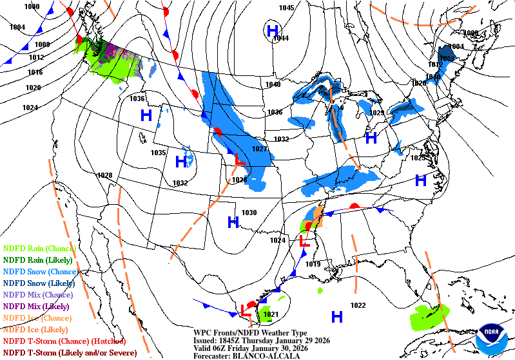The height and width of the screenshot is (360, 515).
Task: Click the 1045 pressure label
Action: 286,8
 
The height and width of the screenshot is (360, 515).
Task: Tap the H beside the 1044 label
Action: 273,30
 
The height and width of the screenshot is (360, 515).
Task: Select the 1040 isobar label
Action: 273,84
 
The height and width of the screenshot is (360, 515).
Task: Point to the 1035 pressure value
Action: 159,153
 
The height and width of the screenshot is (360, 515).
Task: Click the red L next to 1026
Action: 240,158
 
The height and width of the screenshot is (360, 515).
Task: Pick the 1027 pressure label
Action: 259,149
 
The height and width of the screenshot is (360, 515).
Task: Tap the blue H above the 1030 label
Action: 233,222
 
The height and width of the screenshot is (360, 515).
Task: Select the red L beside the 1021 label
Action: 246,310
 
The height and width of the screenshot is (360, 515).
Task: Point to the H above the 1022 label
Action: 336,316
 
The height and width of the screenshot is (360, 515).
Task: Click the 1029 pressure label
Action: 377,113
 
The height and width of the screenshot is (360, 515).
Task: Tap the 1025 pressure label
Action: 418,158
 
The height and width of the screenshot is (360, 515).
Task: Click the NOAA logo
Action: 491,337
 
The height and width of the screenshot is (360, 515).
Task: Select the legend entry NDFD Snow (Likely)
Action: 39,283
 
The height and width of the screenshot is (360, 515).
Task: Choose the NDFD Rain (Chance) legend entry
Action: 39,248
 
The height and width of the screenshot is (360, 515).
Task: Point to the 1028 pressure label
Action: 104,175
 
